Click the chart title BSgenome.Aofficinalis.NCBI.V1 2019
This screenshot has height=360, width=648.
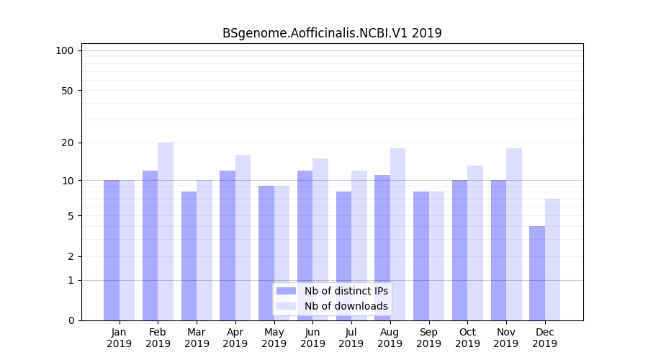(332, 33)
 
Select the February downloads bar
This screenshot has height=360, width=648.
(166, 231)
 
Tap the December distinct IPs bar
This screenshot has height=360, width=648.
(537, 273)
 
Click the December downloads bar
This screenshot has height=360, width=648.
(552, 259)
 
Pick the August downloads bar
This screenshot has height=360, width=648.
(397, 234)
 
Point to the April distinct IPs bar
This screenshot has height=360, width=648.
(228, 245)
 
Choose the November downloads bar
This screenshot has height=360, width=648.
(514, 234)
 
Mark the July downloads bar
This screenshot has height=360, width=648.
(359, 245)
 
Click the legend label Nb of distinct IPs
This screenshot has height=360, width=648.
(346, 291)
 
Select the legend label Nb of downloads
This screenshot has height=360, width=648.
(346, 306)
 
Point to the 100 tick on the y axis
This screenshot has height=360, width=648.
(65, 50)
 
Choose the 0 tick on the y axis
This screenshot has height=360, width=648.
(71, 320)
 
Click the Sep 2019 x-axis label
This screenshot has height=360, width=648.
(428, 338)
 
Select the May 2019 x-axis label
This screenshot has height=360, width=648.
(274, 338)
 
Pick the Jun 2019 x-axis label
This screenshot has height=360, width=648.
(312, 338)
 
